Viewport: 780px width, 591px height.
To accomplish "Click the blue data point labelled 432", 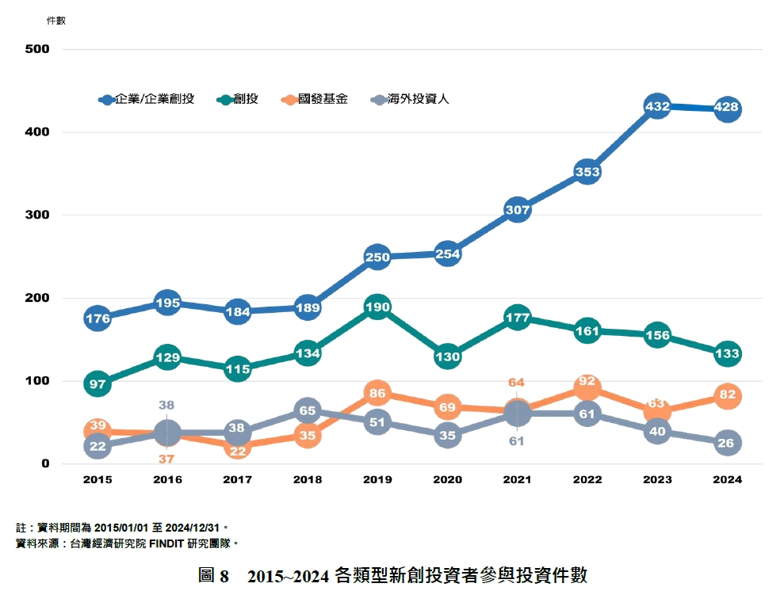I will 657,106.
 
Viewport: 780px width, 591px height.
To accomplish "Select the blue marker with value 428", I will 727,109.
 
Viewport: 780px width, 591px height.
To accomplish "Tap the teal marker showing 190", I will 377,307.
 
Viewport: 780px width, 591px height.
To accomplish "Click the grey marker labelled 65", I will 308,410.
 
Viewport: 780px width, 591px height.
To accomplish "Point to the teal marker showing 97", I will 97,384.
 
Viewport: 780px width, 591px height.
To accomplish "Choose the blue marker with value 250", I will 377,257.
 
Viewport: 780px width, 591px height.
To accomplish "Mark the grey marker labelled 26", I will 727,443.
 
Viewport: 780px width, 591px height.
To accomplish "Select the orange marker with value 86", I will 377,393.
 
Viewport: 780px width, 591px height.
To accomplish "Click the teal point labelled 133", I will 727,354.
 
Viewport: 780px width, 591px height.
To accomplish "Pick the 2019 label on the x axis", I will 377,479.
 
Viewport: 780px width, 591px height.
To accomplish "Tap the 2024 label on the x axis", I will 727,479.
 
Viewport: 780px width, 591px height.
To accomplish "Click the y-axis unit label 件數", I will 56,21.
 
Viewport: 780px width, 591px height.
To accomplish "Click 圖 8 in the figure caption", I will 213,576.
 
